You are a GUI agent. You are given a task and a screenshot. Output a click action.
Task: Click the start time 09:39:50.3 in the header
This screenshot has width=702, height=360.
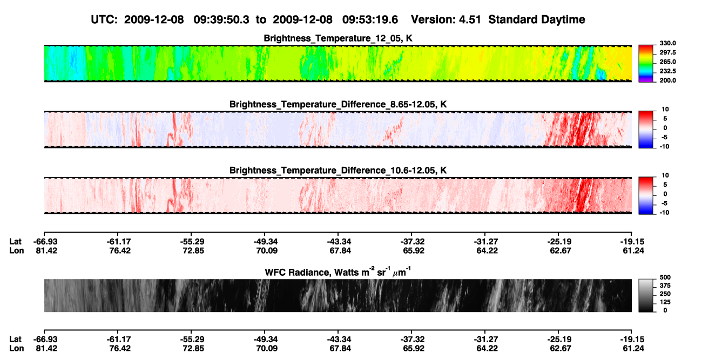(x=221, y=19)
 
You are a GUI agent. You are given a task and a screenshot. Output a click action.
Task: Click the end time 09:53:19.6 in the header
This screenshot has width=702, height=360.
(x=370, y=19)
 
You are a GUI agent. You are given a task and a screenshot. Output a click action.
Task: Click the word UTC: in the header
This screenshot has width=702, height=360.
(x=104, y=19)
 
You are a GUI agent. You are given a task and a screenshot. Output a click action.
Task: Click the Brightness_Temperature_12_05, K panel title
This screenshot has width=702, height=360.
(x=338, y=38)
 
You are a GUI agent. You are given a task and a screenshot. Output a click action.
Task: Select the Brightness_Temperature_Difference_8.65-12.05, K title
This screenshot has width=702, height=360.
(x=338, y=104)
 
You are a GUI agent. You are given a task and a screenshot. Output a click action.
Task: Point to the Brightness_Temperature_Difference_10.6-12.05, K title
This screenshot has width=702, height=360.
(x=338, y=171)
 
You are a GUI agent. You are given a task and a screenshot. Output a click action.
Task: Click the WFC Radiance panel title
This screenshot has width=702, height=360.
(x=338, y=272)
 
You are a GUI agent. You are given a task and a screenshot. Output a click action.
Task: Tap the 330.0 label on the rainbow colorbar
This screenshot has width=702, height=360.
(x=667, y=43)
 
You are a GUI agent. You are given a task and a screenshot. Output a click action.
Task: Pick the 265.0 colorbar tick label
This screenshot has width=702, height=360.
(x=667, y=62)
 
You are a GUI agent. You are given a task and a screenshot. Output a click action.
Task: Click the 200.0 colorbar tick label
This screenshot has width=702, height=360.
(x=667, y=80)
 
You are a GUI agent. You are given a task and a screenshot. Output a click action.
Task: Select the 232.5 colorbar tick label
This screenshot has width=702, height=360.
(x=667, y=71)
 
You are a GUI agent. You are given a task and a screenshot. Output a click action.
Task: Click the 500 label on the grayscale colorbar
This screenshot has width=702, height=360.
(x=665, y=277)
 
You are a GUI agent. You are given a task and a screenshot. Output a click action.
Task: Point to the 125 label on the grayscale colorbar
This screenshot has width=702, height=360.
(x=665, y=302)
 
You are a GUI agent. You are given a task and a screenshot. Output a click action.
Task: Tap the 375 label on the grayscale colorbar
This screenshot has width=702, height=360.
(x=665, y=286)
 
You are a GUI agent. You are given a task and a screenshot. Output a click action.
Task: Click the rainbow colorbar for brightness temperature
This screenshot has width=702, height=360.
(x=646, y=64)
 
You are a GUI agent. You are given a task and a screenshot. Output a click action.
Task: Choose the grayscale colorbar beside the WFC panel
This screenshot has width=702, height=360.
(x=646, y=295)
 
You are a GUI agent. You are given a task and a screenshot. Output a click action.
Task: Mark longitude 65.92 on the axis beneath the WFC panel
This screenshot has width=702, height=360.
(x=414, y=349)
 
